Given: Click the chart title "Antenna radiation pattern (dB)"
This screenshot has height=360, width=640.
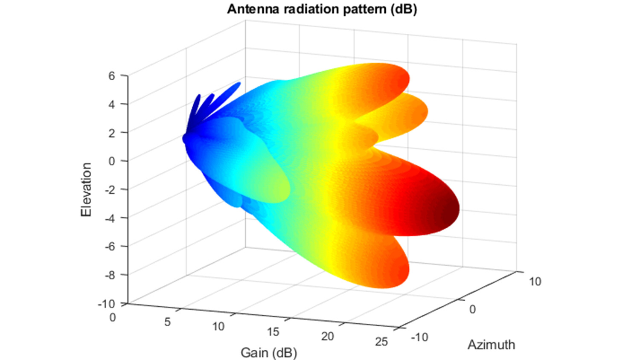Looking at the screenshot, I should click(x=322, y=9).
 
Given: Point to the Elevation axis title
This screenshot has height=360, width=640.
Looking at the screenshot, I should click(x=86, y=189).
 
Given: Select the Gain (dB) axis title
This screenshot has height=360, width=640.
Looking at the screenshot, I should click(x=269, y=353).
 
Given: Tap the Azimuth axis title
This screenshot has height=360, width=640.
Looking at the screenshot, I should click(x=491, y=345).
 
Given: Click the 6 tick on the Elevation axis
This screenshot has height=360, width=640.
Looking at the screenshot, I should click(x=112, y=76).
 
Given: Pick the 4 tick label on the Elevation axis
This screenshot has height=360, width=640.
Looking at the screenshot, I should click(x=112, y=105).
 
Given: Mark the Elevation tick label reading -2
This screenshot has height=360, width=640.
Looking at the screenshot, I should click(x=110, y=189).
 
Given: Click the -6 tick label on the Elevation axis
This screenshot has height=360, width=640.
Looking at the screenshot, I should click(x=110, y=247).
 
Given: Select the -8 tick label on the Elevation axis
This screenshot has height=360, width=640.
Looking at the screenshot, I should click(x=110, y=275).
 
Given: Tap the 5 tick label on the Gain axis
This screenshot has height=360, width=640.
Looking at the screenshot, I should click(x=167, y=322).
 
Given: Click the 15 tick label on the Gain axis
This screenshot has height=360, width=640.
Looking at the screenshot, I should click(x=273, y=332).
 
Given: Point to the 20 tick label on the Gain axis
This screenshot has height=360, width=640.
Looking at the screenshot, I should click(x=327, y=337).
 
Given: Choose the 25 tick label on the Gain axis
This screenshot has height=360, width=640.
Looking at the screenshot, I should click(x=381, y=342).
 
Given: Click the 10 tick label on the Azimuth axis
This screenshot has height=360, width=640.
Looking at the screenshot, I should click(x=535, y=282).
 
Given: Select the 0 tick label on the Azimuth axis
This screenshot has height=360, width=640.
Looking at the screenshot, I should click(x=472, y=309).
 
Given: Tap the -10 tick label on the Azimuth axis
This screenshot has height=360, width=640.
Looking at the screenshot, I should click(x=419, y=337).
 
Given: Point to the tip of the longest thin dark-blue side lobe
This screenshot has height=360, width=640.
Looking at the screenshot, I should click(x=238, y=84).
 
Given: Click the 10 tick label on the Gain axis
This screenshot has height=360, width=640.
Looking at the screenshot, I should click(x=218, y=327).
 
